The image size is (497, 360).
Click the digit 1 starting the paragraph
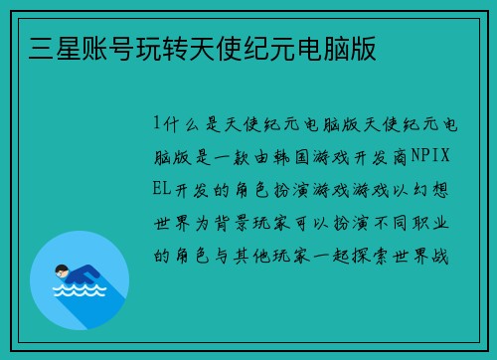point(157,123)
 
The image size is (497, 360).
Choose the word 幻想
point(435,189)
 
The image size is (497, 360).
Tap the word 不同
point(390,222)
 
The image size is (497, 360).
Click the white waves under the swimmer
point(80,292)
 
